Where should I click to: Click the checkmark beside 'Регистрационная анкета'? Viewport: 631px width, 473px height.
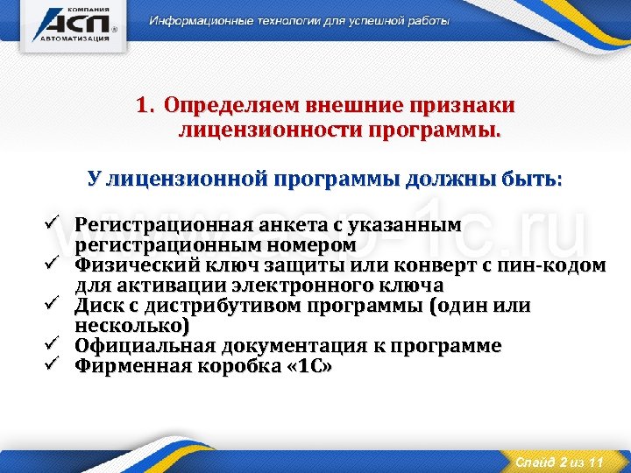[x=52, y=225]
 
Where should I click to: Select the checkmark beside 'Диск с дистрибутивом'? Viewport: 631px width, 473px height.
[x=52, y=305]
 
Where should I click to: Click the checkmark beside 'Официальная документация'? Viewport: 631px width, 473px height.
[x=52, y=345]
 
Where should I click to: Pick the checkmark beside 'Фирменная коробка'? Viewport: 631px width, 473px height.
[x=52, y=365]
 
